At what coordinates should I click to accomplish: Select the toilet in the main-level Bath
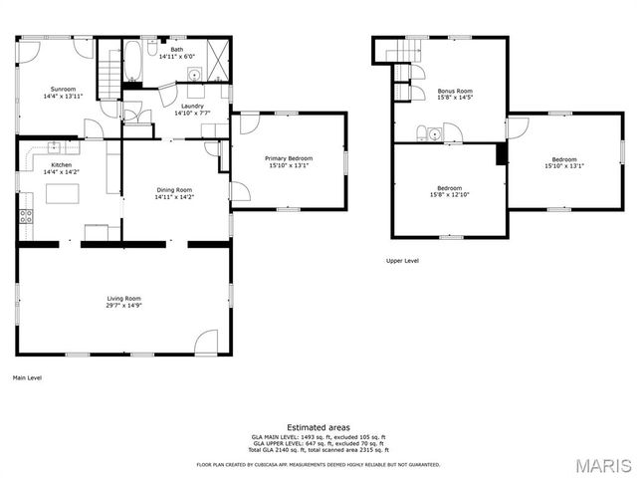coord(152,48)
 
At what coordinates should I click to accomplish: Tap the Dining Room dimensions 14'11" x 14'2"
coord(174,197)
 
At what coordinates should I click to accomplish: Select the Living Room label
coord(124,298)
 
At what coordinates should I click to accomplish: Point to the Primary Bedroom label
coord(289,158)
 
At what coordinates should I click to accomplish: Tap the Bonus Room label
coord(455,91)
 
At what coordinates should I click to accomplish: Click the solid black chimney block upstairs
coord(501,152)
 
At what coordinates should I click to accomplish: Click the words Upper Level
coord(402,261)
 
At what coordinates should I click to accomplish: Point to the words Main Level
coord(27,378)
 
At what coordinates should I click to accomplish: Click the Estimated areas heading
coord(318,427)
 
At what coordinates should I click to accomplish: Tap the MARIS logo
coord(602,465)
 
